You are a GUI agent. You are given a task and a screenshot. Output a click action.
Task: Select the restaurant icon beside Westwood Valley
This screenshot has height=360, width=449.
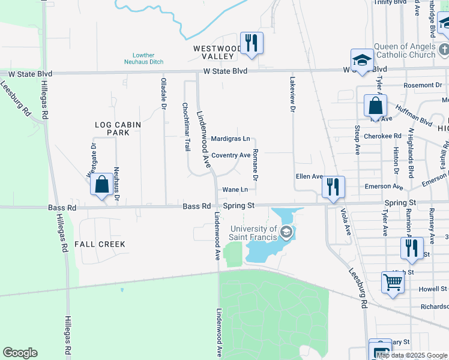250,43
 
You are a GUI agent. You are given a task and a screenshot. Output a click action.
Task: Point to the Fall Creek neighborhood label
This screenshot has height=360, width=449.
100,244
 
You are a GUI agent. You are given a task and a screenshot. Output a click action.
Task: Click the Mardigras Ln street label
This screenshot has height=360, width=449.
230,139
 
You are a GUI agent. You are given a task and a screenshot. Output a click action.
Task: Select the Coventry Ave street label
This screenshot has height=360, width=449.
231,155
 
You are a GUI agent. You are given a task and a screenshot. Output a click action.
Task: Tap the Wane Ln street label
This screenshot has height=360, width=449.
235,190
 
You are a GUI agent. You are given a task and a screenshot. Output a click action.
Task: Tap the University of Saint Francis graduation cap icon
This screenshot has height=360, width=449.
286,232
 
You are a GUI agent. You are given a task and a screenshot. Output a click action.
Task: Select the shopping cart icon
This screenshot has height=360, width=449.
392,281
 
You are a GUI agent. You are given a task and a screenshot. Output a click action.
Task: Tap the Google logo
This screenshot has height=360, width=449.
20,353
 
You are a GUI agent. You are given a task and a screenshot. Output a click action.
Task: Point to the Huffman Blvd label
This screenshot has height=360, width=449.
414,116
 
